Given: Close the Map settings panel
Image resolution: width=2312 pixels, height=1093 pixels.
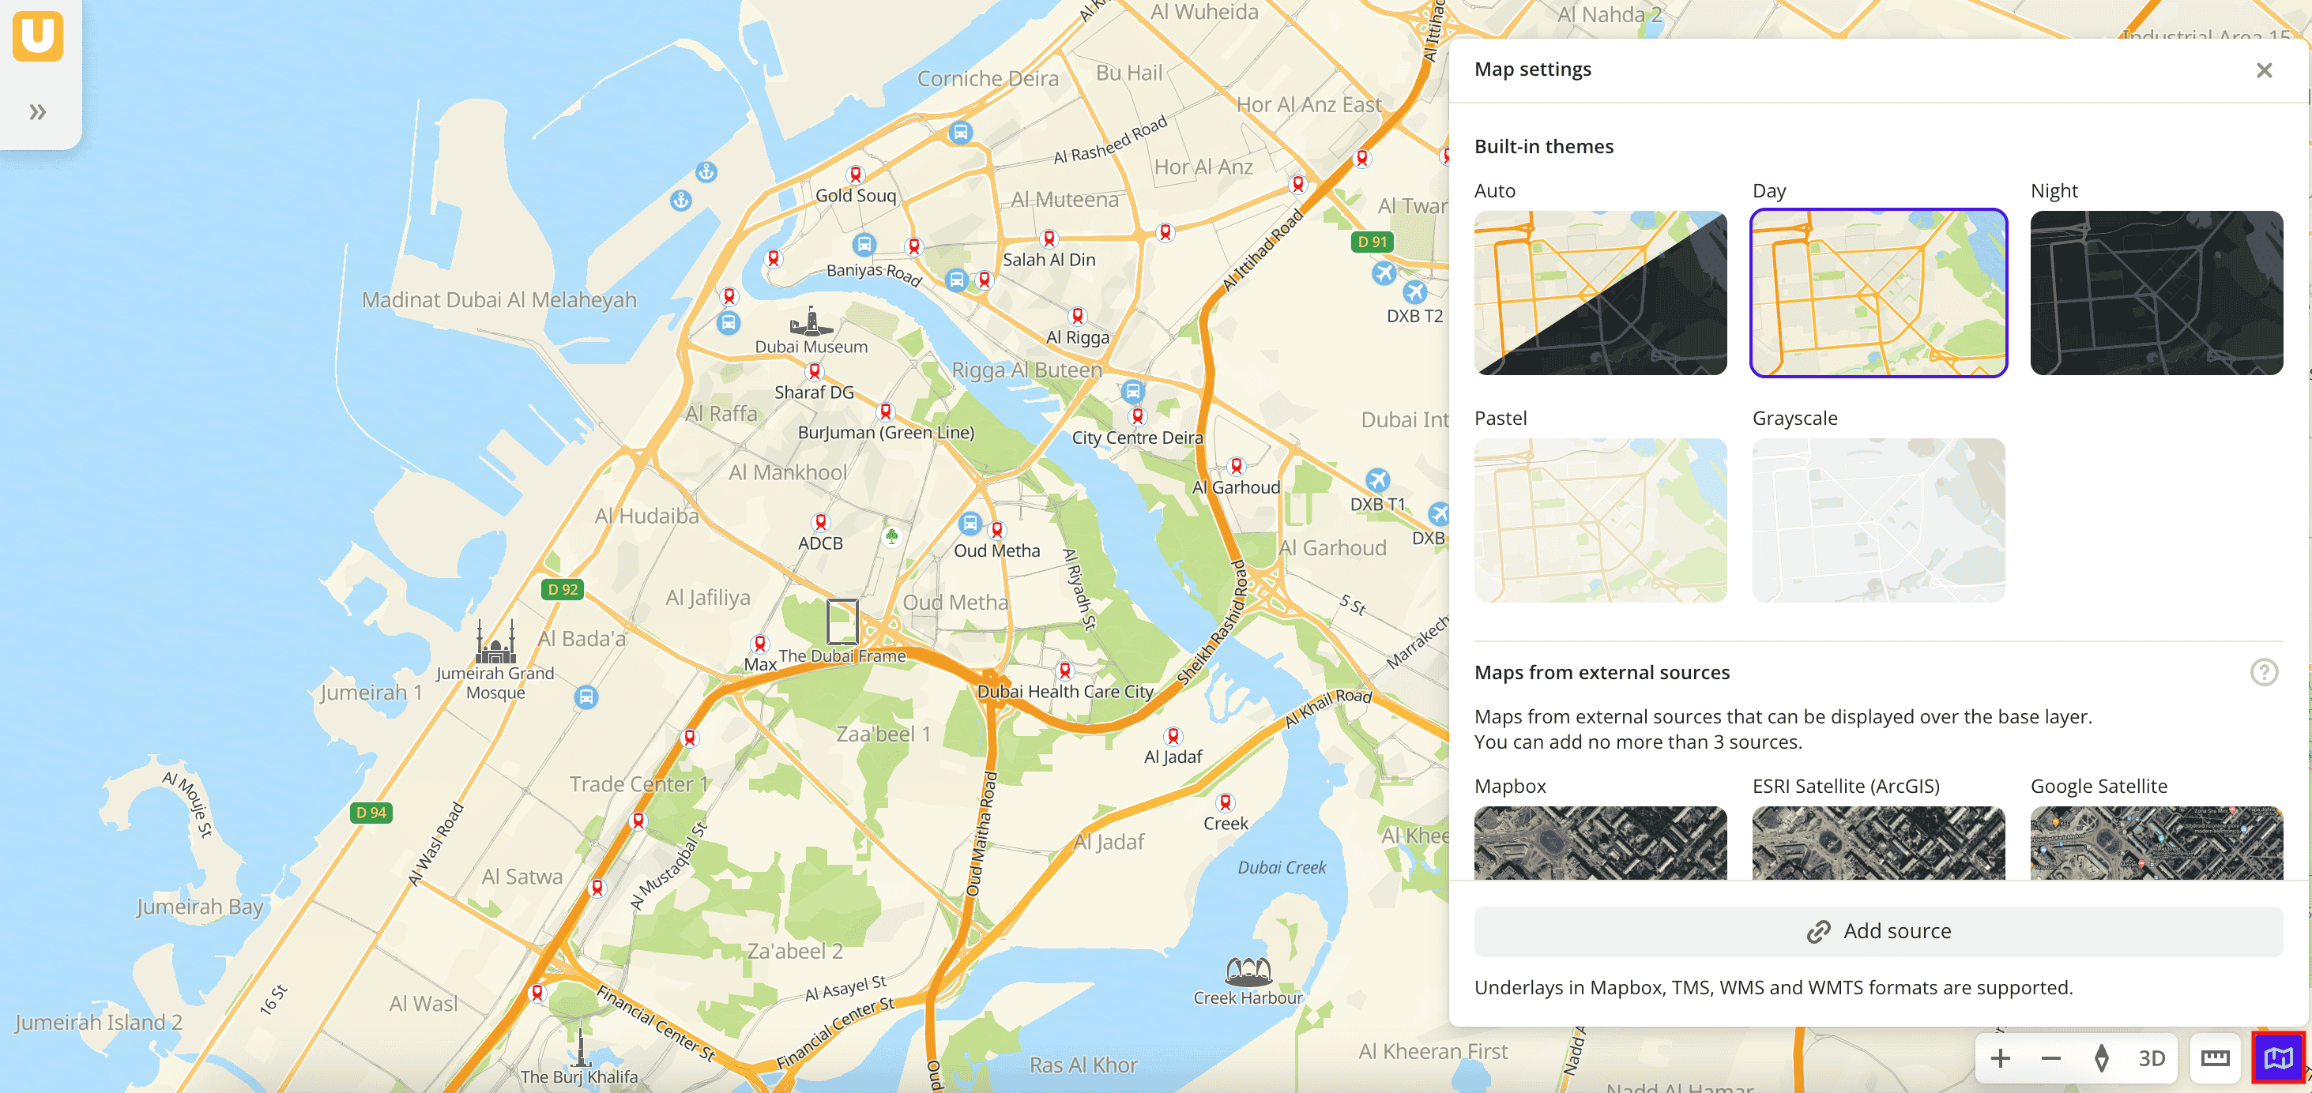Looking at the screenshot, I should click(x=2264, y=70).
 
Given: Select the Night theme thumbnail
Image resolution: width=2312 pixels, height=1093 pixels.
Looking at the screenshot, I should click(x=2156, y=292).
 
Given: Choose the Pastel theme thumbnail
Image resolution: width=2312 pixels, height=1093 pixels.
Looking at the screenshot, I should click(x=1599, y=520).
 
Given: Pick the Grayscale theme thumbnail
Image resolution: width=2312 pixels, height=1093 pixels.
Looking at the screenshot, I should click(x=1877, y=520).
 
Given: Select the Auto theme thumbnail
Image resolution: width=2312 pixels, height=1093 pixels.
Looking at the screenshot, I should click(x=1599, y=292).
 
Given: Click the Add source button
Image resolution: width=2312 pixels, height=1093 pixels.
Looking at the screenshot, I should click(x=1877, y=930).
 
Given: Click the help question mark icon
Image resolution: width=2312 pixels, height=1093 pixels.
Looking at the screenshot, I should click(x=2264, y=672).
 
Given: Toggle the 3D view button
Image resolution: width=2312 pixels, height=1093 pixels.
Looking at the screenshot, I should click(x=2152, y=1058).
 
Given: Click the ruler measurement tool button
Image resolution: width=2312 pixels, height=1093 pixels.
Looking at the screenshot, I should click(x=2214, y=1058).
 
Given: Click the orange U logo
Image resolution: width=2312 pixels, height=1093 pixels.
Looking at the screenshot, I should click(x=38, y=36).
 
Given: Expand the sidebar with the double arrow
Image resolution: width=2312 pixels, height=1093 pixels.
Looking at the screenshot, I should click(x=38, y=112).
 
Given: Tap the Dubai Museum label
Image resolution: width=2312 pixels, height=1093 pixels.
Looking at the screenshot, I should click(x=811, y=347).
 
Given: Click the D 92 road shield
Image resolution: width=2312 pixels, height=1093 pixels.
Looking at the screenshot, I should click(x=563, y=590).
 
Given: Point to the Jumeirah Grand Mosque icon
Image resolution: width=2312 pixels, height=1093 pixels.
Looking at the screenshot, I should click(x=495, y=643).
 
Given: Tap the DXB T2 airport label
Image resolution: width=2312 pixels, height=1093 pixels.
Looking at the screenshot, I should click(x=1414, y=316).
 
